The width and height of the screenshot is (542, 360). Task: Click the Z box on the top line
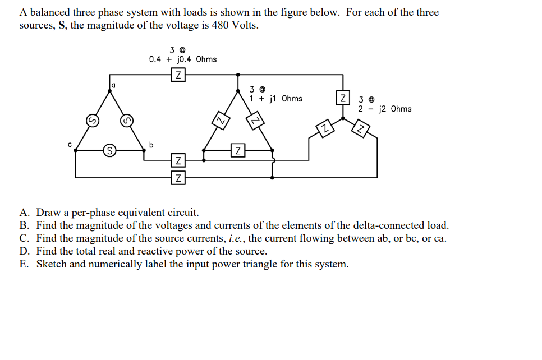tap(178, 75)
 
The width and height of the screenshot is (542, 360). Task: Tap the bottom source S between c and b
tap(111, 150)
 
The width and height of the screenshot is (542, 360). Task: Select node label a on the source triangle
tap(113, 85)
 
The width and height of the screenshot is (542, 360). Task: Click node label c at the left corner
tap(70, 145)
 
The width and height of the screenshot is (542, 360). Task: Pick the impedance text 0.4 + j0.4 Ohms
tap(183, 59)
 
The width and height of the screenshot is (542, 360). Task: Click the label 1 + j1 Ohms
tap(276, 99)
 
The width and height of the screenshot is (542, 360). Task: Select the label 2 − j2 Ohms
tap(385, 109)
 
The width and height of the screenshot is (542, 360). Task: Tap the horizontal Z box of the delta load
tap(238, 150)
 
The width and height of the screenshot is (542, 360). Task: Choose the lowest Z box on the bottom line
tap(178, 178)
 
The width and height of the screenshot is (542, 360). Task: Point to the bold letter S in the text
tap(62, 26)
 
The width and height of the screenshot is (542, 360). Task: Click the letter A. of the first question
tap(25, 213)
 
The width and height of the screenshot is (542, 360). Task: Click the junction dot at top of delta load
tap(239, 75)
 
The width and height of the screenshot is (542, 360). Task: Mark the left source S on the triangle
tap(90, 119)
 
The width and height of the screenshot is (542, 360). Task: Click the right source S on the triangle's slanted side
tap(126, 119)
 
